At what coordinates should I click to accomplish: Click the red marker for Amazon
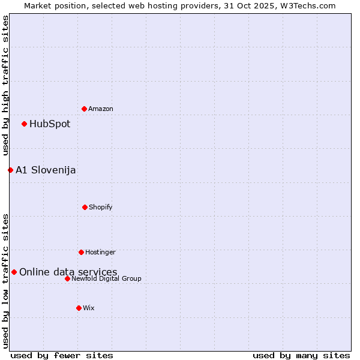click(85, 109)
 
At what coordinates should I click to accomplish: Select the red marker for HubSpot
click(25, 124)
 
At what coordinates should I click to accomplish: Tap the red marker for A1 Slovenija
click(10, 170)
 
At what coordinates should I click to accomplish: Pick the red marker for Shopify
click(85, 207)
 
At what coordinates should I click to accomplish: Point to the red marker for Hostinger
click(81, 252)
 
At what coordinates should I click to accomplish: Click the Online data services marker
click(14, 272)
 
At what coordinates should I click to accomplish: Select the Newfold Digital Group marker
click(67, 278)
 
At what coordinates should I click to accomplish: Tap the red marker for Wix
click(79, 308)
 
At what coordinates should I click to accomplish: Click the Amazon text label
click(101, 109)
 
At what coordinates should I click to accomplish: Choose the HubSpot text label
click(50, 124)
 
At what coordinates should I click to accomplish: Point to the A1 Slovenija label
click(46, 170)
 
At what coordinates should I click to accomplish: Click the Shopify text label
click(101, 207)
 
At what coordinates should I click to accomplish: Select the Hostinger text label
click(100, 252)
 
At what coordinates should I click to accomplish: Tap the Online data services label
click(68, 272)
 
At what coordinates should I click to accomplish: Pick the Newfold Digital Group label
click(106, 278)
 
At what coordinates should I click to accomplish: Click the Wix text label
click(89, 308)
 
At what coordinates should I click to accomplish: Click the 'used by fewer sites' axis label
click(62, 355)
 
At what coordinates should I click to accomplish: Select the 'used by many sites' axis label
click(301, 355)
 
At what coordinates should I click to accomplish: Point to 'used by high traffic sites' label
click(5, 85)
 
